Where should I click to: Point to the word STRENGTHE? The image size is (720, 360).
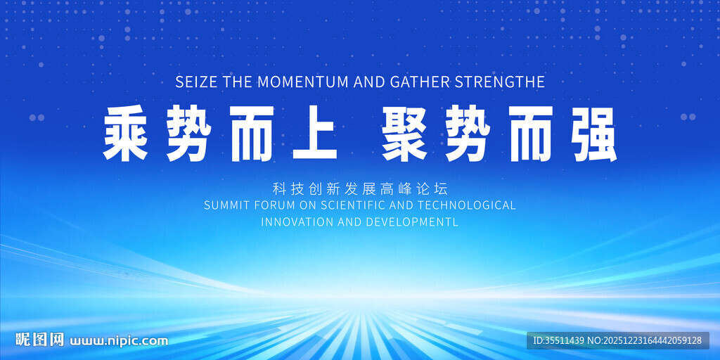click(x=499, y=82)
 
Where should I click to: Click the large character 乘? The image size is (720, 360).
click(x=125, y=133)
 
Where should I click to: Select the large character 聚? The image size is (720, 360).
click(x=404, y=133)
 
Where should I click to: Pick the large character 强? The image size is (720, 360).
click(x=593, y=133)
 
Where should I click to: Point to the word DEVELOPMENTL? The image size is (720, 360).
click(x=413, y=221)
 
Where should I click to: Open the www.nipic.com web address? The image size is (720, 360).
click(x=118, y=342)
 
